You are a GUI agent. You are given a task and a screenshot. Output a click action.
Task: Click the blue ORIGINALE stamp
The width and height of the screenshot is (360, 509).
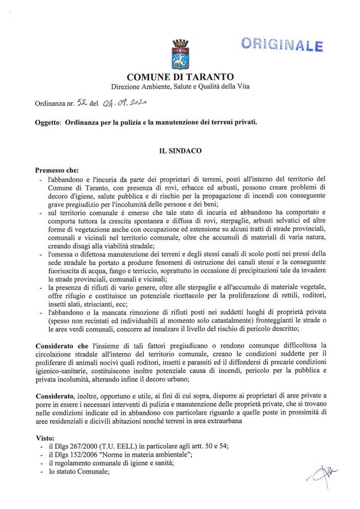point(282,44)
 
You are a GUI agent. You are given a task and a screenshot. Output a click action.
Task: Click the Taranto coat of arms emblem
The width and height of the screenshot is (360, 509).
point(180,54)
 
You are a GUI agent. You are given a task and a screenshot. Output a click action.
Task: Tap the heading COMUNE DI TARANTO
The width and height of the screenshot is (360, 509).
point(180,76)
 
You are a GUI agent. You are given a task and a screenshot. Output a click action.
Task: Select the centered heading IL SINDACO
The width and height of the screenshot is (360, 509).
point(180,151)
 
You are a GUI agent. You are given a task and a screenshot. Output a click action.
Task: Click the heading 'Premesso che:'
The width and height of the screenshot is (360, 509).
point(57,170)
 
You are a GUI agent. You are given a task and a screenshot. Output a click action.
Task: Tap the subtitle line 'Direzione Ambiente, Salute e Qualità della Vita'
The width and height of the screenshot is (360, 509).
point(180,87)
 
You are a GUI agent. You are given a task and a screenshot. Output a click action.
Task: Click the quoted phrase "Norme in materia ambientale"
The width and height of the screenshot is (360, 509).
point(148,454)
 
